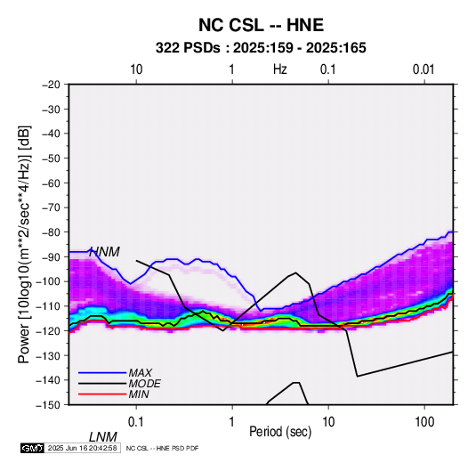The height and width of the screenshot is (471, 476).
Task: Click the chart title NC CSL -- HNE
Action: click(261, 25)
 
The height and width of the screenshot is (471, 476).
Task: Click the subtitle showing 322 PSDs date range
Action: click(261, 48)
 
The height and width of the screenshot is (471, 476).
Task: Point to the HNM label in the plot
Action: click(104, 252)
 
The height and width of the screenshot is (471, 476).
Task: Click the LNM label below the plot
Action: click(102, 437)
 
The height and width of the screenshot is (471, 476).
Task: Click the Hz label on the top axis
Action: click(280, 69)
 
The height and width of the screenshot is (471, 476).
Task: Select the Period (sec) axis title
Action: click(280, 432)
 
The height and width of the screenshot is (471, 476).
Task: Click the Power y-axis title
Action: click(24, 244)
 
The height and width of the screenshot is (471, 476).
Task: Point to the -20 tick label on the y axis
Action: click(51, 85)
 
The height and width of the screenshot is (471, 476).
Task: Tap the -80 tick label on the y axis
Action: click(51, 232)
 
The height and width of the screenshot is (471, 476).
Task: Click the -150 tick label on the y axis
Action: click(48, 405)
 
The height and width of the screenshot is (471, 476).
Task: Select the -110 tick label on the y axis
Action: click(48, 306)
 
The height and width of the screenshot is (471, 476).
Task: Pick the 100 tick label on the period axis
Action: click(424, 422)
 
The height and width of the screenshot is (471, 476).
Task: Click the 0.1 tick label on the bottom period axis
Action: click(135, 422)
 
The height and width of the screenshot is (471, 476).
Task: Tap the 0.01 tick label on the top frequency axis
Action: click(424, 69)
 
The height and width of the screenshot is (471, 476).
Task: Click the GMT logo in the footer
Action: click(32, 448)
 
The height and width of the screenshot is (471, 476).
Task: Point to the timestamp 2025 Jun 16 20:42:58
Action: click(82, 448)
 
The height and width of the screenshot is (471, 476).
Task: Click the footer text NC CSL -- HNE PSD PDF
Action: click(162, 448)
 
